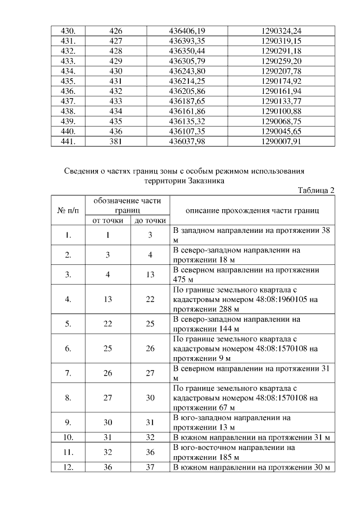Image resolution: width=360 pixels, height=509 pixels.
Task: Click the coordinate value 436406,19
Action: [x=187, y=29]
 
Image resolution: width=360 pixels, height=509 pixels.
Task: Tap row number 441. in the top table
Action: [x=68, y=142]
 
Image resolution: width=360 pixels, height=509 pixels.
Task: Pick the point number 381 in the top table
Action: [x=116, y=142]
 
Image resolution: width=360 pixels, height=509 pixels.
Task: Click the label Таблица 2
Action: [x=317, y=190]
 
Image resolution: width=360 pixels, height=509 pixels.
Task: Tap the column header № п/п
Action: [x=67, y=210]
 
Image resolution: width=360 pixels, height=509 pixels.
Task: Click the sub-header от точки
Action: [x=108, y=220]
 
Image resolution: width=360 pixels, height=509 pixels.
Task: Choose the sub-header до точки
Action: [x=150, y=220]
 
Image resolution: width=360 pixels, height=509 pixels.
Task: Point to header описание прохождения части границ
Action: [x=252, y=210]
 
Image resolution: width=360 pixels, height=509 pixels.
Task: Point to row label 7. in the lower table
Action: [x=67, y=373]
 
